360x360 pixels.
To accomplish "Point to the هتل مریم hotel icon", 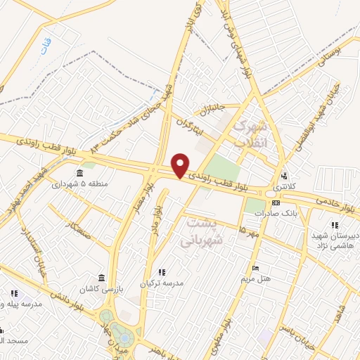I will (x=255, y=269).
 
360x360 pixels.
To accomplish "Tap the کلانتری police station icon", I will (x=284, y=176).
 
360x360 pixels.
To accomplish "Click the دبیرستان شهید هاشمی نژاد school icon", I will (x=334, y=225).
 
